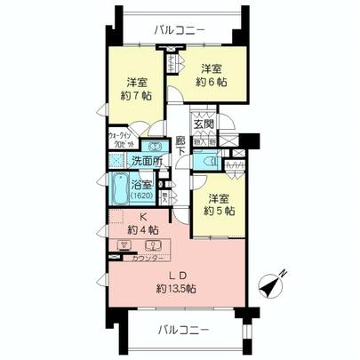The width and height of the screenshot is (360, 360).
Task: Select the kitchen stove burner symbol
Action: tap(120, 246)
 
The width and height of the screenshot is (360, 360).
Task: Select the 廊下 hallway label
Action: tap(180, 146)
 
